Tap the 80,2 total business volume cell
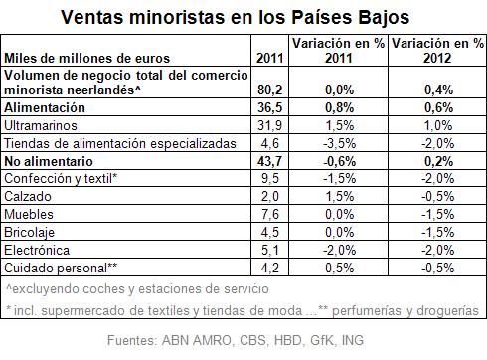click(270, 90)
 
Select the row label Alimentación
click(45, 107)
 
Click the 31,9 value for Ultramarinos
click(270, 125)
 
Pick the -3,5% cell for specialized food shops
click(340, 143)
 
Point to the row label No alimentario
click(49, 161)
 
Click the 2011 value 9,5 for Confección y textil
click(270, 178)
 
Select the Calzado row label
click(28, 196)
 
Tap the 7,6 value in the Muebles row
click(270, 214)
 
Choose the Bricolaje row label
click(29, 232)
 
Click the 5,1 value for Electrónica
click(270, 250)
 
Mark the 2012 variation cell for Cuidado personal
click(438, 268)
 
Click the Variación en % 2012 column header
click(437, 51)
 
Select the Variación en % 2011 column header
click(338, 51)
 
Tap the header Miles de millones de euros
click(86, 59)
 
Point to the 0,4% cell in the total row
click(439, 90)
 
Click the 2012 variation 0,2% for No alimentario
click(439, 161)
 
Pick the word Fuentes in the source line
click(132, 340)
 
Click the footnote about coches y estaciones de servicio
click(137, 289)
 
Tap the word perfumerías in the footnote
click(368, 311)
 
